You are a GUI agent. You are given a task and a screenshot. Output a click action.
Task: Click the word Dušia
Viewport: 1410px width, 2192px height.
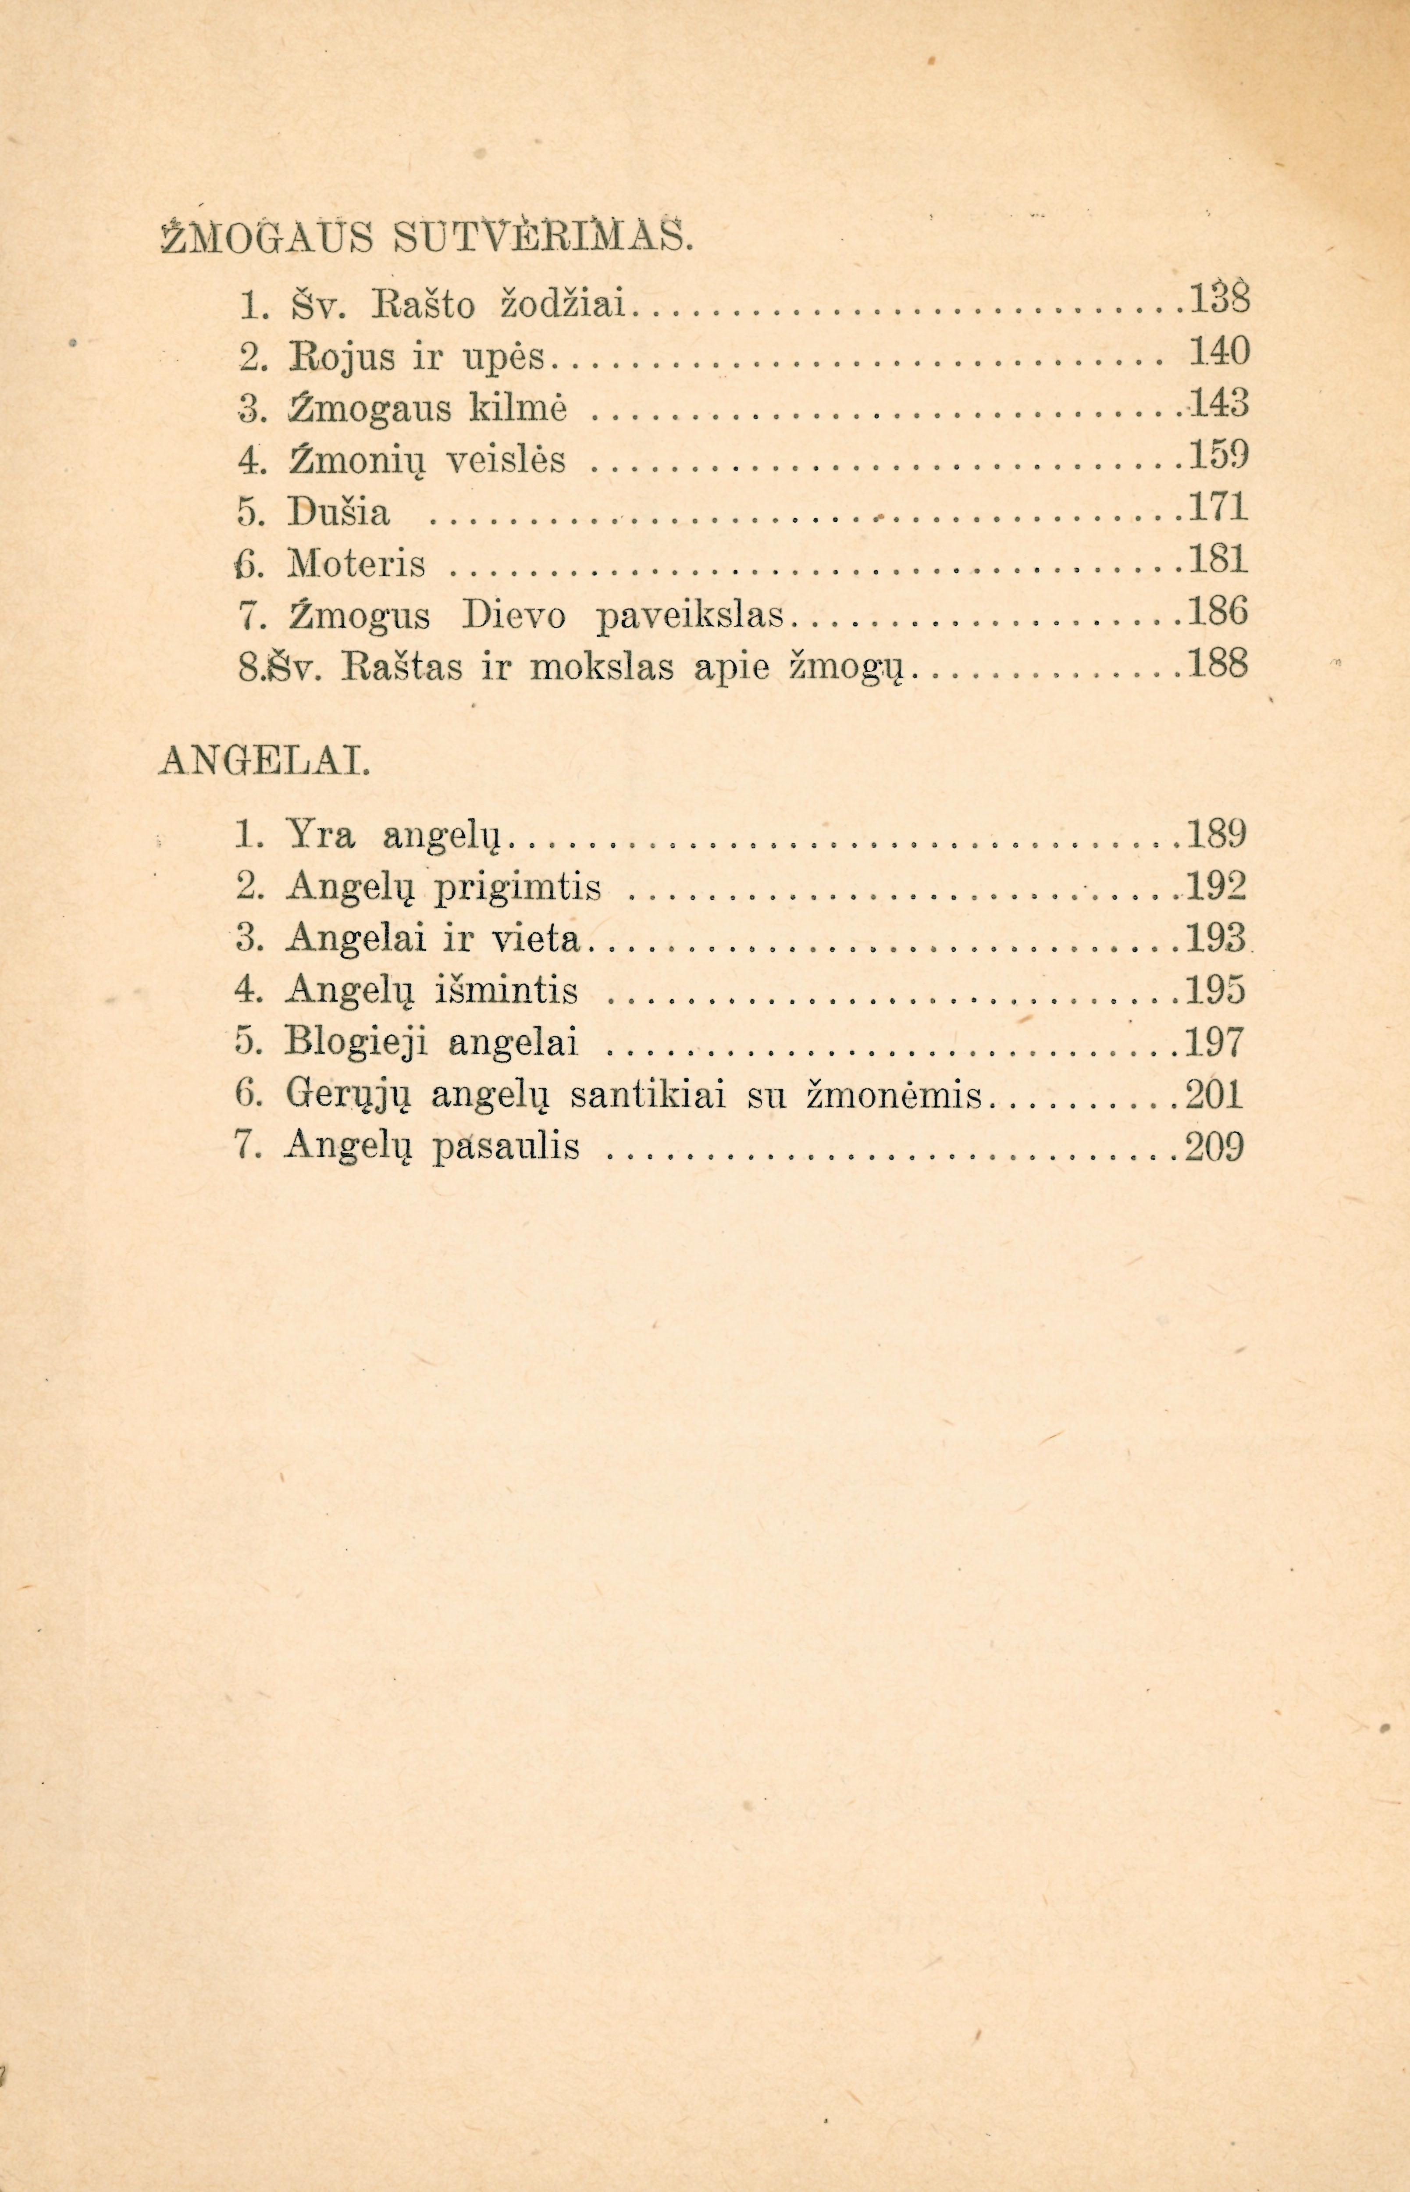tap(339, 513)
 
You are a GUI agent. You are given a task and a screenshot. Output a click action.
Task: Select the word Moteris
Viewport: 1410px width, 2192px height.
tap(357, 564)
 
